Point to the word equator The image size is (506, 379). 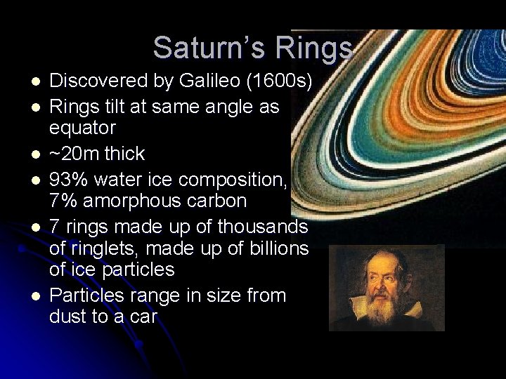pyautogui.click(x=82, y=128)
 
